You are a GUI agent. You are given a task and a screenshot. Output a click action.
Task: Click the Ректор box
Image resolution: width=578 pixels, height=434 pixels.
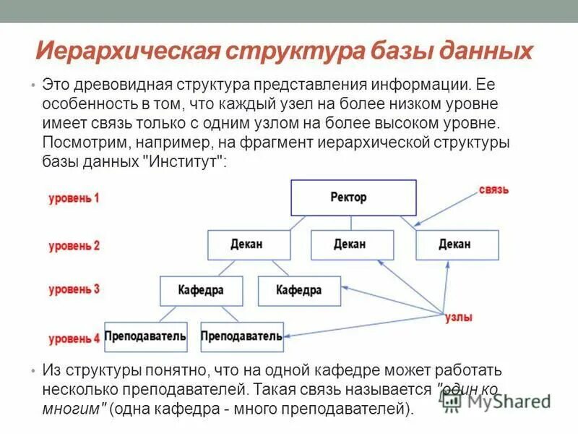(x=353, y=197)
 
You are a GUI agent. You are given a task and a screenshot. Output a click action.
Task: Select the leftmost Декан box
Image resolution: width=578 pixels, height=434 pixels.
(x=246, y=244)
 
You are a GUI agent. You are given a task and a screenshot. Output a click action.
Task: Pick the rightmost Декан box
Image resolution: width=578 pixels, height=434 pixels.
(x=456, y=244)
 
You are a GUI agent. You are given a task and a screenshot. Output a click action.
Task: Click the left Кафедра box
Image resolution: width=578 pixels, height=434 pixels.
(x=201, y=291)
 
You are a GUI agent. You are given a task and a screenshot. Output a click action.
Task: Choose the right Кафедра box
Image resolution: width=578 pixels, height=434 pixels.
(x=299, y=291)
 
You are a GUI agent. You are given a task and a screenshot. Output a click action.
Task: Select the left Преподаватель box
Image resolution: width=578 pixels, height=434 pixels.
(x=146, y=336)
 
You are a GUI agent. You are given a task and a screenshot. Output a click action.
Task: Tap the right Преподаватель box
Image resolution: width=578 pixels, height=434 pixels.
(x=241, y=336)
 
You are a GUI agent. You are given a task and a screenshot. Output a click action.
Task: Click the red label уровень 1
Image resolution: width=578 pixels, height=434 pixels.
(x=74, y=197)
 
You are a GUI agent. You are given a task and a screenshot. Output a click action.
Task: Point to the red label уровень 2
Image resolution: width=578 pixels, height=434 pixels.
(x=74, y=246)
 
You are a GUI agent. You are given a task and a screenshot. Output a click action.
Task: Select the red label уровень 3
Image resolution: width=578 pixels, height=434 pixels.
(x=74, y=290)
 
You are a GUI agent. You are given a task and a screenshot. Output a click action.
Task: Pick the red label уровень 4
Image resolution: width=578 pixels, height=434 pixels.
(x=74, y=338)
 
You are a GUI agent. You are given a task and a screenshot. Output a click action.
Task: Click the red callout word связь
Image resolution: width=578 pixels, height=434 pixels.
(x=494, y=190)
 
